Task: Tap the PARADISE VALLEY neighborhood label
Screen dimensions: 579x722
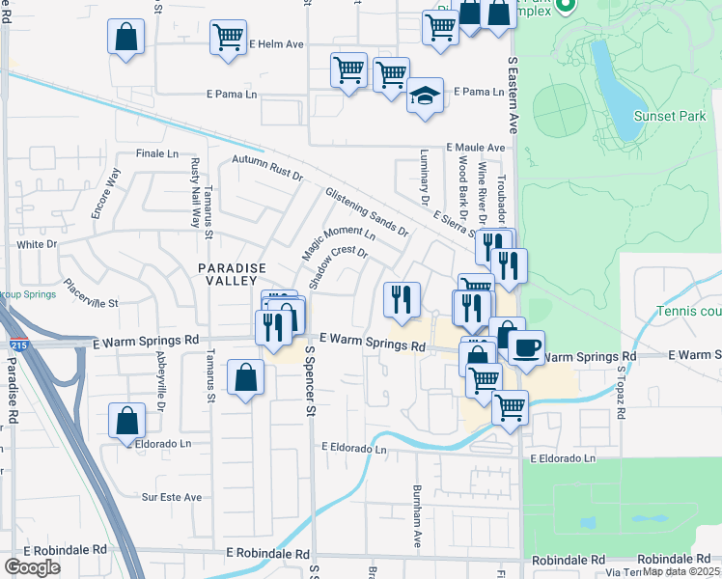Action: (232, 275)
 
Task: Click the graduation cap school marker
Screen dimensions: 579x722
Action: (425, 96)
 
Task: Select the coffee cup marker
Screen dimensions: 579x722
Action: (526, 347)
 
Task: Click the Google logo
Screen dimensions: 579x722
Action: (32, 566)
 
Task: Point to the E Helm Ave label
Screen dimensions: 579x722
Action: (276, 44)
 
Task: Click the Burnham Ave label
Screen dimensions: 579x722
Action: (419, 517)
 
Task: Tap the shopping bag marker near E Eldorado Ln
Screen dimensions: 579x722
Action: (126, 420)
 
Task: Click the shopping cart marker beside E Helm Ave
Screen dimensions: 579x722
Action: (228, 39)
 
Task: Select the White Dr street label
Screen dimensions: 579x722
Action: (37, 245)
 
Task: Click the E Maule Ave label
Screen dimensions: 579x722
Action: (475, 148)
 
